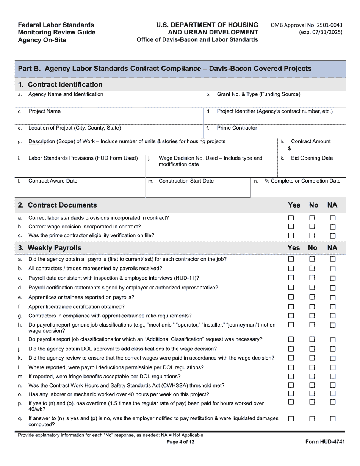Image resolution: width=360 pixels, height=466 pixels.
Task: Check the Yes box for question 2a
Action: [x=291, y=218]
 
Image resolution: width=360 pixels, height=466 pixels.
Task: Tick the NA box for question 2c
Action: [x=333, y=236]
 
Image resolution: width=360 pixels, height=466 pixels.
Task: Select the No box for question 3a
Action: [x=312, y=260]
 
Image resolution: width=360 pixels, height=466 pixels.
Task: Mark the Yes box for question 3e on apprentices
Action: [x=291, y=297]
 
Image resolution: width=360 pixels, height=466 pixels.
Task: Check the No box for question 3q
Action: [x=312, y=419]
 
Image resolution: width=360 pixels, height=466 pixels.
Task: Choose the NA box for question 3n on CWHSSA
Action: [x=333, y=386]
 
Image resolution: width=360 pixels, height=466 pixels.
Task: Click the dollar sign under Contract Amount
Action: [x=290, y=149]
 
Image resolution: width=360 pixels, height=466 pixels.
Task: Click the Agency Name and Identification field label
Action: [x=66, y=94]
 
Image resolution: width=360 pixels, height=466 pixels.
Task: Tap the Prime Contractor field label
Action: [x=237, y=128]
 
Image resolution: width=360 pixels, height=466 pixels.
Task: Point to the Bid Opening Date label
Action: [x=312, y=158]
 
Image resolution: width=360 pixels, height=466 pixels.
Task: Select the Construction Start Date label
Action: [x=186, y=181]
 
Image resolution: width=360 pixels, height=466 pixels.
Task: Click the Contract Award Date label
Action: [x=53, y=181]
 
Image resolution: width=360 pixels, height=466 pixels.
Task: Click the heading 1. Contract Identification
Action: [x=60, y=84]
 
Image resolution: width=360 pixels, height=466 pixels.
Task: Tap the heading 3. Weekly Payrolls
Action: [x=50, y=248]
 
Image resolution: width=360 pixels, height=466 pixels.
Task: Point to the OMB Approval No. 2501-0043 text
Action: [x=306, y=25]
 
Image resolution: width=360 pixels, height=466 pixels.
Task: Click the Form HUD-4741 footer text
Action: [x=325, y=442]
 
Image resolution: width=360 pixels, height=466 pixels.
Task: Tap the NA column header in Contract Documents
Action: [x=332, y=205]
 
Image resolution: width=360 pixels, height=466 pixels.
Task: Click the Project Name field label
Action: [x=44, y=111]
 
